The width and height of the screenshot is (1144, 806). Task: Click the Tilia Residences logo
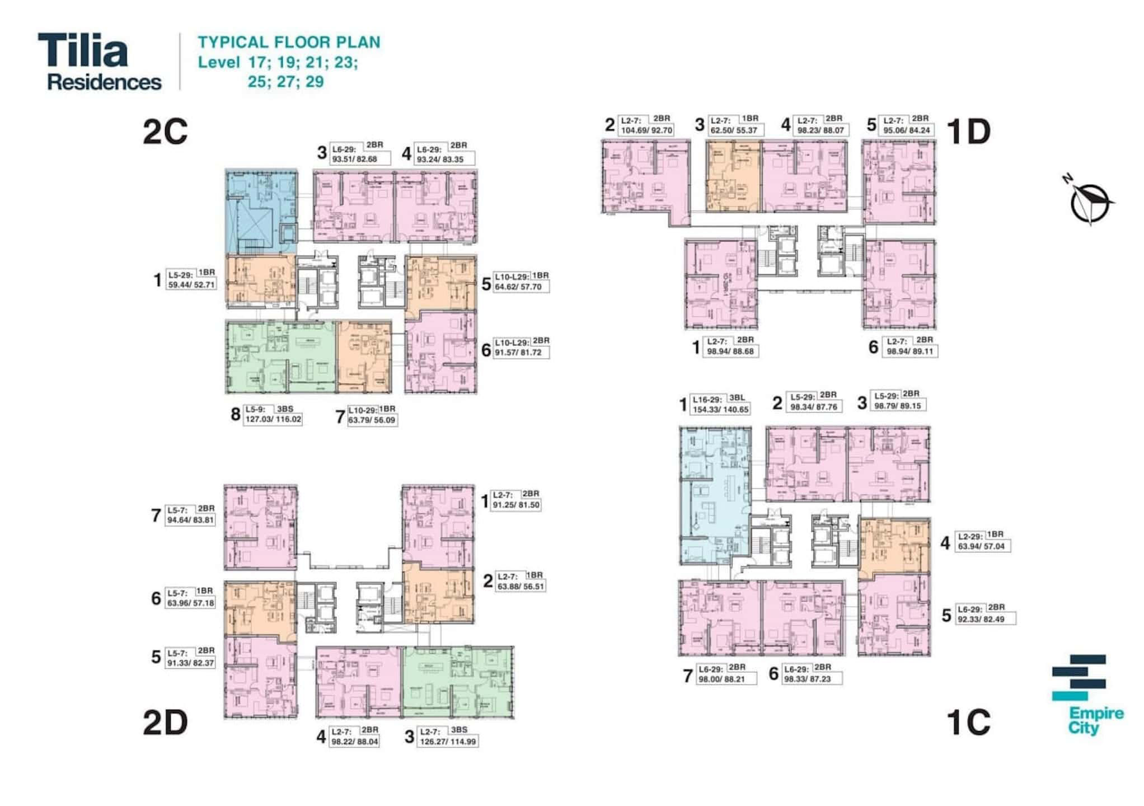pos(99,62)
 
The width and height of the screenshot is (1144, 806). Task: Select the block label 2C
pos(165,132)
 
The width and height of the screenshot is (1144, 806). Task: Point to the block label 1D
pos(968,132)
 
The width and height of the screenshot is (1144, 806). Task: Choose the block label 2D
pos(165,723)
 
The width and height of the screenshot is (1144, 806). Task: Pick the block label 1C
pos(968,723)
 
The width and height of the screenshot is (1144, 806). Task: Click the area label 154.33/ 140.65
pos(720,410)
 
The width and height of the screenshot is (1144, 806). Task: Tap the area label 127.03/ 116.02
pos(273,419)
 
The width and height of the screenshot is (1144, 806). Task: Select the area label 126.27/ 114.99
pos(448,742)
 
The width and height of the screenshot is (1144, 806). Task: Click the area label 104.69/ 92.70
pos(646,130)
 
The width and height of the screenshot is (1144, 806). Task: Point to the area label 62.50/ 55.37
pos(733,130)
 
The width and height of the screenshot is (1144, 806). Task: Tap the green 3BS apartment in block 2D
pos(457,682)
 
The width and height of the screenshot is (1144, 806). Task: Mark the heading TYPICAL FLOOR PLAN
pos(289,43)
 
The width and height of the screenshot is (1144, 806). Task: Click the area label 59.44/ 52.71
pos(191,284)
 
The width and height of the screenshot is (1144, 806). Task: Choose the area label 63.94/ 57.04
pos(981,546)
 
